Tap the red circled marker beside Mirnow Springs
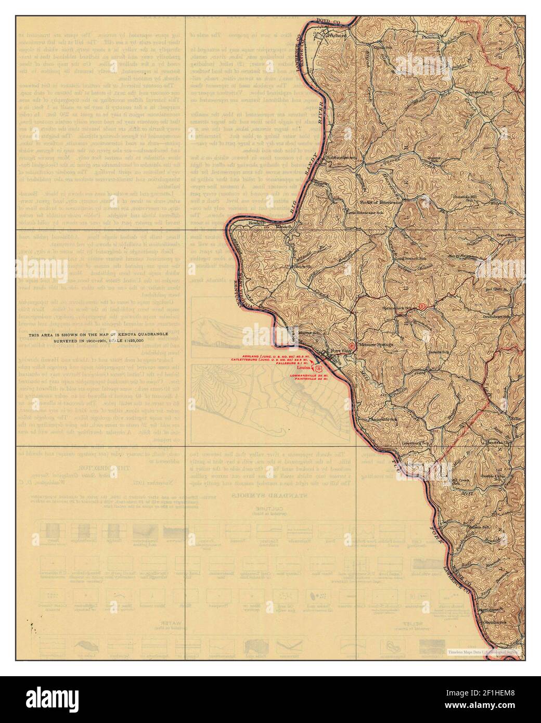[x=352, y=345]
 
